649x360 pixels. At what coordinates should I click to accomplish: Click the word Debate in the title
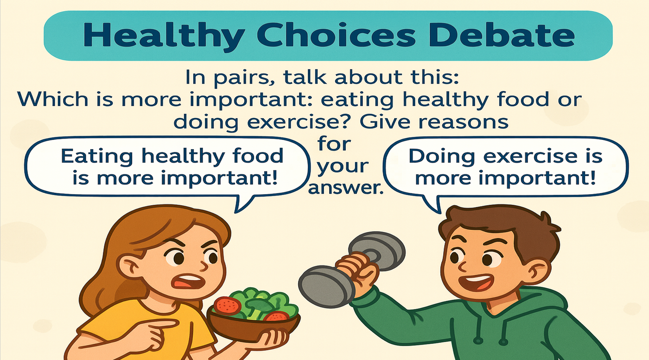click(501, 36)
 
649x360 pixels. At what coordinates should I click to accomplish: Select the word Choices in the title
click(337, 36)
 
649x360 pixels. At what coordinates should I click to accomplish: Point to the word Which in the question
click(52, 99)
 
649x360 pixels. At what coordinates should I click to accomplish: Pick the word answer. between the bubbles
click(345, 188)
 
